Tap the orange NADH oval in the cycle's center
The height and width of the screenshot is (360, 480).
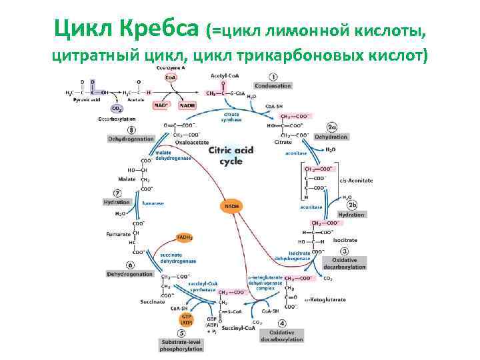point(232,207)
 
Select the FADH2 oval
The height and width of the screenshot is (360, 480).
point(185,237)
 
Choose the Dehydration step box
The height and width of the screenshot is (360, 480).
point(331,137)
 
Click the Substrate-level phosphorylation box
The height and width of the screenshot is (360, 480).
point(181,345)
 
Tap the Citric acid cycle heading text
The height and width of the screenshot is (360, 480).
point(231,156)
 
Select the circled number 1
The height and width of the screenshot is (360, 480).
point(273,77)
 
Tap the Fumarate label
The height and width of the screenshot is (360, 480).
point(119,234)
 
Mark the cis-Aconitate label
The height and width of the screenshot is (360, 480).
point(356,181)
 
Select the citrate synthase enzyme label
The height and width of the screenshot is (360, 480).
point(231,117)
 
